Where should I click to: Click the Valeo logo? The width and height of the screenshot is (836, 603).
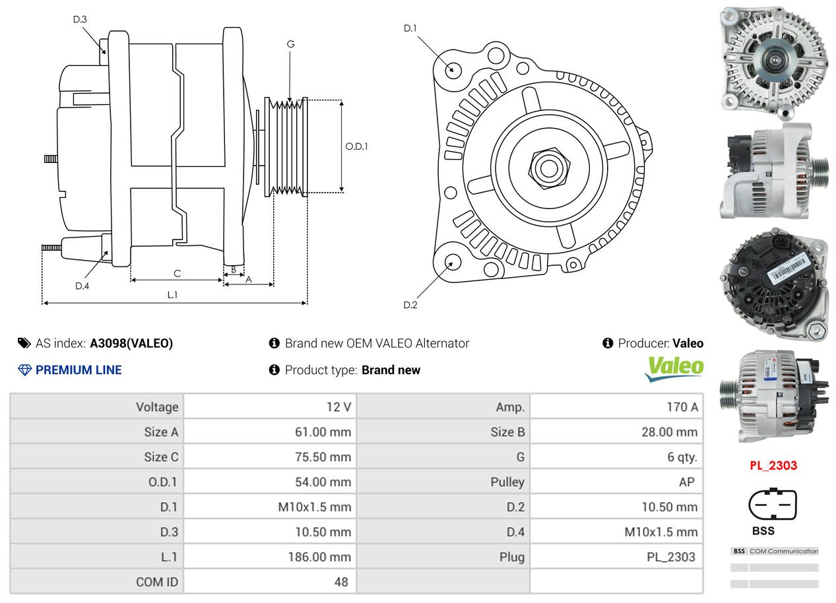[x=674, y=369]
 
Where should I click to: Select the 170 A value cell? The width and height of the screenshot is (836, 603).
[x=682, y=407]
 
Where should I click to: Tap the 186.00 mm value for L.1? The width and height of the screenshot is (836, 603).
[x=319, y=557]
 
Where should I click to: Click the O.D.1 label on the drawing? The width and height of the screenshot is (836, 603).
[x=356, y=146]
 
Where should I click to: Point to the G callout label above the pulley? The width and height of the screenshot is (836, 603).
[x=290, y=44]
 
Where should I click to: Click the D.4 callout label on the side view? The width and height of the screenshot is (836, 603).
[x=82, y=286]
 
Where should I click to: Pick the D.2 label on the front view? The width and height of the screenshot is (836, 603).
[x=410, y=305]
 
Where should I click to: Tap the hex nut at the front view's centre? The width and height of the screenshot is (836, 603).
[x=547, y=166]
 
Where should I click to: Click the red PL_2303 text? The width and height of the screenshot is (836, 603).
[x=773, y=465]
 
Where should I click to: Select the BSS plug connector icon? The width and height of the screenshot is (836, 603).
[x=773, y=505]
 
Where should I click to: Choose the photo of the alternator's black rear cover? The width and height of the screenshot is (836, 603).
[x=773, y=285]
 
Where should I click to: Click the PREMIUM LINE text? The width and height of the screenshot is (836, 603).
[x=79, y=370]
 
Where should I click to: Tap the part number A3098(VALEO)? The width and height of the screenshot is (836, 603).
[x=131, y=343]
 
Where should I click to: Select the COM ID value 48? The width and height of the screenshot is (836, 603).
[x=340, y=582]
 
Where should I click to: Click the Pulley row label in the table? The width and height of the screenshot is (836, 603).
[x=507, y=482]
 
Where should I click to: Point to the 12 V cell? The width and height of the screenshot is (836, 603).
[x=338, y=407]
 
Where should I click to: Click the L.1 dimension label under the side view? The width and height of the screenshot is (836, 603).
[x=172, y=295]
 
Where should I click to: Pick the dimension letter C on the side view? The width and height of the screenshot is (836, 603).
[x=177, y=273]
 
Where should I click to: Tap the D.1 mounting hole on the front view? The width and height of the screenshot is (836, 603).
[x=453, y=69]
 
